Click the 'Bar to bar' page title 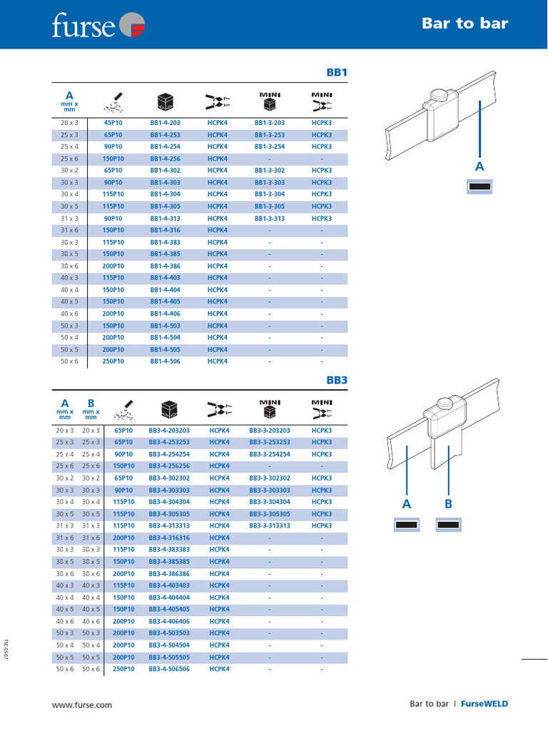465,24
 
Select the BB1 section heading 336,73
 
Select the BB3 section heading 336,380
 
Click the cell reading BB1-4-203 165,123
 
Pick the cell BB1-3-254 269,146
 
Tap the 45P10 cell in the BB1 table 113,123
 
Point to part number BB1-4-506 165,361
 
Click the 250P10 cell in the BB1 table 113,361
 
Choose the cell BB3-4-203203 169,430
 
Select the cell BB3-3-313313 269,526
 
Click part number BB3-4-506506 169,669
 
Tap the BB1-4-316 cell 165,230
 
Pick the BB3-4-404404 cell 169,598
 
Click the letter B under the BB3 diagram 449,504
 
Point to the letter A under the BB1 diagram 479,166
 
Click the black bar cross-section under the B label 449,525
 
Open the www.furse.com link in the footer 82,705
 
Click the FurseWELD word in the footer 484,704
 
